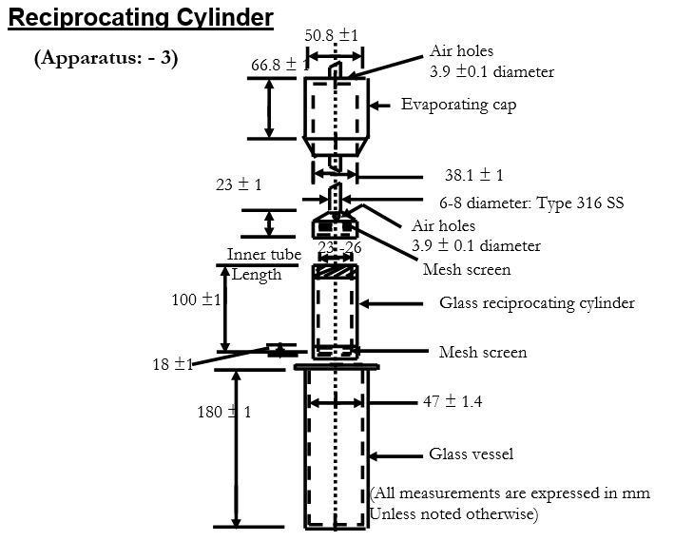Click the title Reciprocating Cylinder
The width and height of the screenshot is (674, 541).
pyautogui.click(x=141, y=17)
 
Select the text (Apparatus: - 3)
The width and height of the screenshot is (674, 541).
pyautogui.click(x=106, y=57)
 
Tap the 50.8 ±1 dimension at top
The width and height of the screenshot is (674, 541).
pyautogui.click(x=332, y=35)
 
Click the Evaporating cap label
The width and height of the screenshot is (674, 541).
pyautogui.click(x=458, y=105)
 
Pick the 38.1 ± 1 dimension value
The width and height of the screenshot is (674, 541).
pyautogui.click(x=473, y=176)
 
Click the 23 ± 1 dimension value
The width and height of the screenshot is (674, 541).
pyautogui.click(x=239, y=185)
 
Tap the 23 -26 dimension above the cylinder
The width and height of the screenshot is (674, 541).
pyautogui.click(x=339, y=247)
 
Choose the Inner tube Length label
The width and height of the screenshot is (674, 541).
pyautogui.click(x=263, y=264)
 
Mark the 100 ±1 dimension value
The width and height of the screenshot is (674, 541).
pyautogui.click(x=196, y=299)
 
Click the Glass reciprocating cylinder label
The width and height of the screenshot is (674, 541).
pyautogui.click(x=536, y=303)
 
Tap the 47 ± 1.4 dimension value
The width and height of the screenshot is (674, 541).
pyautogui.click(x=452, y=402)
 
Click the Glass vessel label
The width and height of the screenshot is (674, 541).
pyautogui.click(x=471, y=454)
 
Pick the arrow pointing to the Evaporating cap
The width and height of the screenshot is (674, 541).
pyautogui.click(x=380, y=105)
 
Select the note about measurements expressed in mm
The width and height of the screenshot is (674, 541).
pyautogui.click(x=510, y=504)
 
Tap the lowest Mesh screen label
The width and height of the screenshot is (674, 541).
pyautogui.click(x=482, y=353)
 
